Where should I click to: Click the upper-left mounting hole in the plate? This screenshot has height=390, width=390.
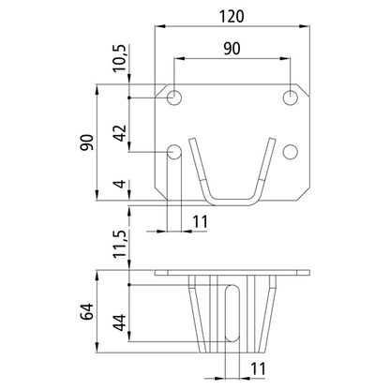click(x=175, y=97)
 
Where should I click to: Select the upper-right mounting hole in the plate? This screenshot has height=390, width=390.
click(x=292, y=97)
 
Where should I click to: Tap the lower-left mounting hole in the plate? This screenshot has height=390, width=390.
click(x=175, y=152)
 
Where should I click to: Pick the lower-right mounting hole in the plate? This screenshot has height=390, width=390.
click(x=292, y=152)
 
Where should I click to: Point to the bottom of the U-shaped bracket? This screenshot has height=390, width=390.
click(x=233, y=199)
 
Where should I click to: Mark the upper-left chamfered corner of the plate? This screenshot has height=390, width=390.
click(x=157, y=82)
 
